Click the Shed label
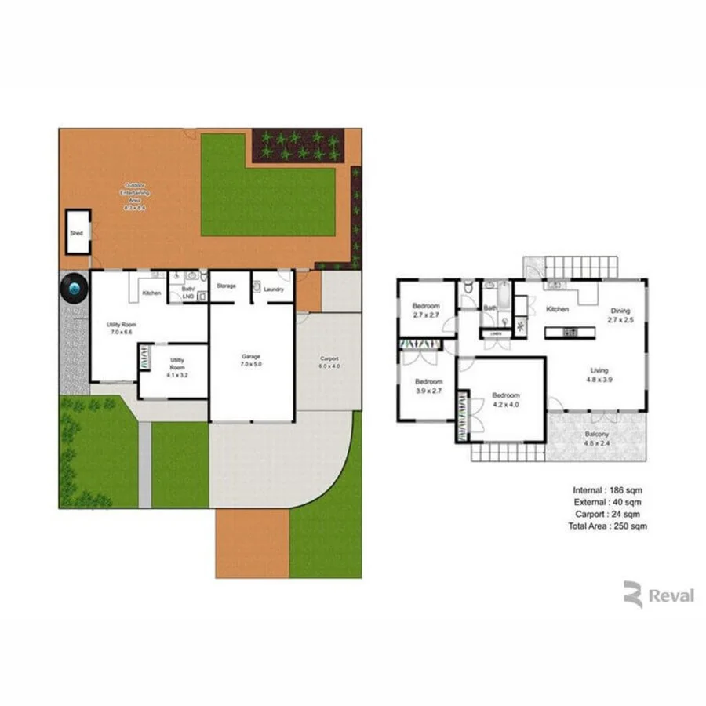click(76, 234)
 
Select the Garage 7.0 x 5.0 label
click(251, 361)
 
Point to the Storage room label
click(226, 286)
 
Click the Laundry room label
click(274, 289)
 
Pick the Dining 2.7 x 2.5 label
click(620, 315)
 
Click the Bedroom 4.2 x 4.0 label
click(506, 400)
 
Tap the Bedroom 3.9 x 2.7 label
click(428, 386)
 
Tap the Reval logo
click(659, 595)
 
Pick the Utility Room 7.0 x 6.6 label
click(122, 328)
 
